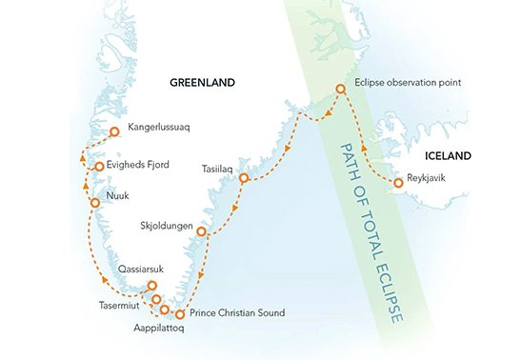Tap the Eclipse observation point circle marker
point(340,90)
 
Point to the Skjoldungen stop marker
point(201,231)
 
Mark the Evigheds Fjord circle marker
point(98,167)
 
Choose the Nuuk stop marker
point(93,203)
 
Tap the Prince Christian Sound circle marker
point(179,314)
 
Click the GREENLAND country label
point(202,83)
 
